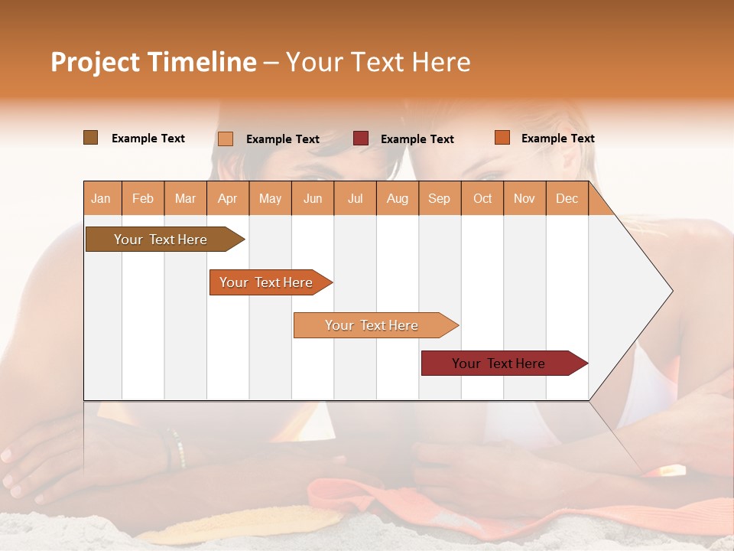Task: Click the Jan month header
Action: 102,198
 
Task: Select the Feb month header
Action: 143,198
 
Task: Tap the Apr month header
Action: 227,198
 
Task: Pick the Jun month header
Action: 313,198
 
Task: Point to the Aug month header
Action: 397,198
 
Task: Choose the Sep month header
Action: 439,198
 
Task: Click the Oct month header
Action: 482,198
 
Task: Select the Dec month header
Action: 567,198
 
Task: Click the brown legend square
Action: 90,138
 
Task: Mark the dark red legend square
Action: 361,139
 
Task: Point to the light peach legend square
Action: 226,139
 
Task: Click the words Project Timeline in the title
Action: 154,62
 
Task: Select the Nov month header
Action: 525,198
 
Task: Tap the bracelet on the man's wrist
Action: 177,448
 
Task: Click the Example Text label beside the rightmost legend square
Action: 557,139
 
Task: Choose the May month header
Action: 270,198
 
